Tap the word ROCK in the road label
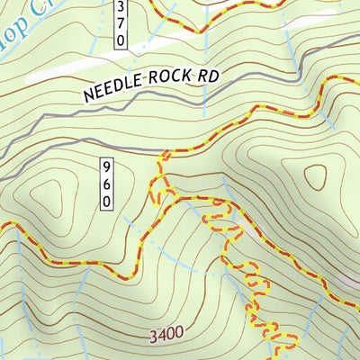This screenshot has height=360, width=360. [167, 79]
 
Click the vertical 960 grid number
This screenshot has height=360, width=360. [106, 184]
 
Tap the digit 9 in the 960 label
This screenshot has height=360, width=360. [106, 167]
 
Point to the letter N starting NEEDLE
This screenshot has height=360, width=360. [89, 93]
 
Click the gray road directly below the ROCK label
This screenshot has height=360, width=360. [171, 107]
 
